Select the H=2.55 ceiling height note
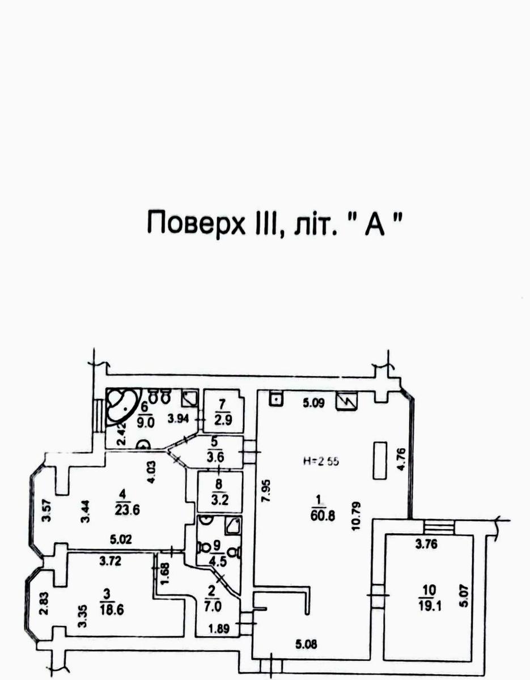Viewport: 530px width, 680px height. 320,461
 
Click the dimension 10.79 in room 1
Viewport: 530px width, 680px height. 357,513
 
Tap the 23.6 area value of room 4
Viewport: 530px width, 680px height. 128,509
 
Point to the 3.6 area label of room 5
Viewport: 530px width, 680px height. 214,458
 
